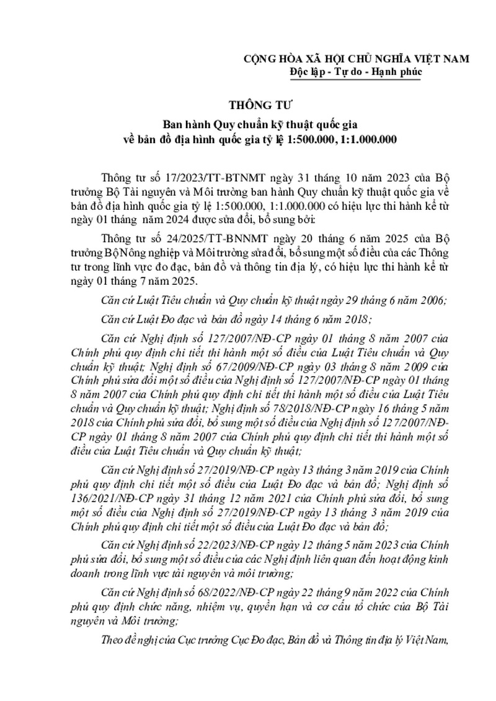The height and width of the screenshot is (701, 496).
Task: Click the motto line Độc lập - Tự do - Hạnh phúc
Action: click(x=355, y=72)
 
